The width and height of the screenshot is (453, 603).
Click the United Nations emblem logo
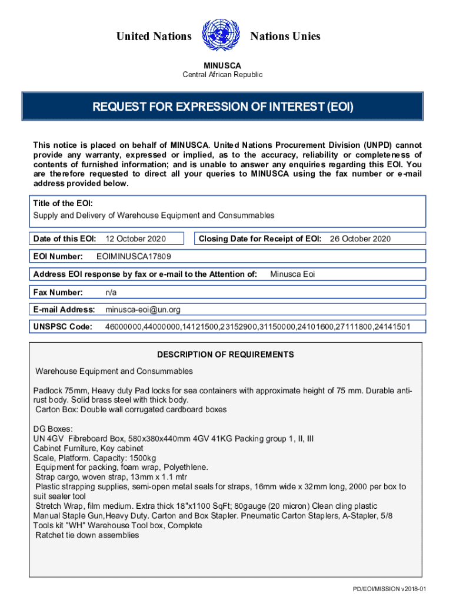pos(221,36)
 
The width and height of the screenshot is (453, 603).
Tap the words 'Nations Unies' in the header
pos(285,37)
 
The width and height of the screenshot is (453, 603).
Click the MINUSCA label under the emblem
pos(222,65)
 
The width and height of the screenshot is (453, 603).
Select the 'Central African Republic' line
pos(222,75)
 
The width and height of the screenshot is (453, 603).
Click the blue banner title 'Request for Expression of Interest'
pos(222,107)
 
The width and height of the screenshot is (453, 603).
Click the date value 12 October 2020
pos(135,238)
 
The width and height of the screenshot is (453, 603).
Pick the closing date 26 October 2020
pos(360,238)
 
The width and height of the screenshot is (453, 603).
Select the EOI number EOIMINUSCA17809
pos(134,257)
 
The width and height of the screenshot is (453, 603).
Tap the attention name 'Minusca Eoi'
pos(293,274)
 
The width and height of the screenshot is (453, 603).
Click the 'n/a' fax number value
pos(111,292)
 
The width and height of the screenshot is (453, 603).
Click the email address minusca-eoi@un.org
pos(143,310)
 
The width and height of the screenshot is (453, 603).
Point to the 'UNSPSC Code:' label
pos(63,327)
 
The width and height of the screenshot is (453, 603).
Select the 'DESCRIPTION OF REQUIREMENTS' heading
pos(225,355)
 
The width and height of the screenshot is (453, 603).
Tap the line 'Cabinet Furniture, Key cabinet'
pos(88,448)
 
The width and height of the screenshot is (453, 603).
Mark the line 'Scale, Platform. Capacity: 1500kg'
pos(95,458)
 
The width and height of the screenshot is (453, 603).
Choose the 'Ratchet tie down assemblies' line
pos(87,535)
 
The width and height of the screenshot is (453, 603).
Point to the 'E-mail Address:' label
pos(64,310)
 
